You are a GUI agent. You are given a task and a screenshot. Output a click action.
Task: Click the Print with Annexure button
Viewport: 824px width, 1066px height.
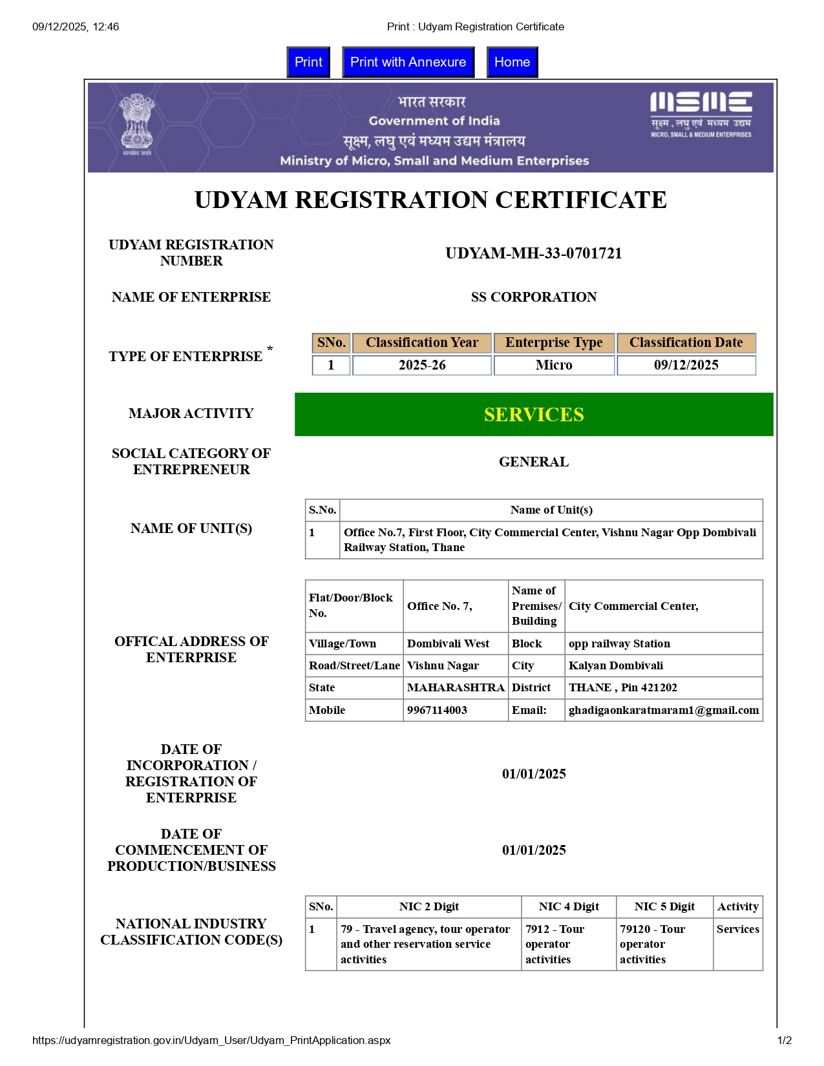tap(408, 62)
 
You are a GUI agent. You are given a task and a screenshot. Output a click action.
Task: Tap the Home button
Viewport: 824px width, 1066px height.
tap(512, 62)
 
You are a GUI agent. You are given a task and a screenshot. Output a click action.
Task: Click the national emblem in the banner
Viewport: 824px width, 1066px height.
tap(137, 125)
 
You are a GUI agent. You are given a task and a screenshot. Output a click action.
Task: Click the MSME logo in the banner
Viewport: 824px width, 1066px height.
tap(701, 114)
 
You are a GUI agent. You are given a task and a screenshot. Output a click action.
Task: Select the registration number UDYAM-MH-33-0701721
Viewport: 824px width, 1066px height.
tap(533, 253)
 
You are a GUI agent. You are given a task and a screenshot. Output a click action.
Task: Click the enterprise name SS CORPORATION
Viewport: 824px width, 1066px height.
tap(533, 297)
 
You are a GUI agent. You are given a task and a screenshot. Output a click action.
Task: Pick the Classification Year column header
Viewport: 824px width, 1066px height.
tap(422, 342)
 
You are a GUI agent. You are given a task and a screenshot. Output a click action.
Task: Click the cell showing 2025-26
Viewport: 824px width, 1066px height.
tap(422, 365)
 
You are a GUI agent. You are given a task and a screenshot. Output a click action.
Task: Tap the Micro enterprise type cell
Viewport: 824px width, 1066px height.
tap(554, 365)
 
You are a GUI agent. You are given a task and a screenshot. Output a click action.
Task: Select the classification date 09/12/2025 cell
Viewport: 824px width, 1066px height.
tap(686, 365)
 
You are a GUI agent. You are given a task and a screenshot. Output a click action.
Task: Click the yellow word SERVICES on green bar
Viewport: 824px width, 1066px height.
tap(533, 414)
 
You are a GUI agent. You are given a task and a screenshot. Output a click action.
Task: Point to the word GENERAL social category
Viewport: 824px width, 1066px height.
tap(533, 462)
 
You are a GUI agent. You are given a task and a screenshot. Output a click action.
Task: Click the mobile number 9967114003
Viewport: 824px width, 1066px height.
tap(437, 710)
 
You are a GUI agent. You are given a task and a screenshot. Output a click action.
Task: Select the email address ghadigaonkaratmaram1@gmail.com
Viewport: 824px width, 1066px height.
tap(663, 710)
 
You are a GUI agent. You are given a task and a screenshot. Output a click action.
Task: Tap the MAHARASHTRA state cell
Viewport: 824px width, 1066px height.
tap(456, 687)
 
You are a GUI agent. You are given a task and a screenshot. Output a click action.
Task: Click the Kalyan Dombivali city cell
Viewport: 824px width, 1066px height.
tap(615, 665)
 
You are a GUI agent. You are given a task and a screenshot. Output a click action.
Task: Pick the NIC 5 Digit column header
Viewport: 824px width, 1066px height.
tap(664, 906)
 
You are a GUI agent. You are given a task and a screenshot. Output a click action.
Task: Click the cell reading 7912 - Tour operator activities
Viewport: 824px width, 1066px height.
tap(555, 944)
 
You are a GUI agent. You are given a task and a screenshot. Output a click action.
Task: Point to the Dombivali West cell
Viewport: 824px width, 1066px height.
tap(448, 643)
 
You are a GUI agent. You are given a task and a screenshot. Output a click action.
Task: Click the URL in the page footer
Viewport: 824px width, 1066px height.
tap(211, 1040)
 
